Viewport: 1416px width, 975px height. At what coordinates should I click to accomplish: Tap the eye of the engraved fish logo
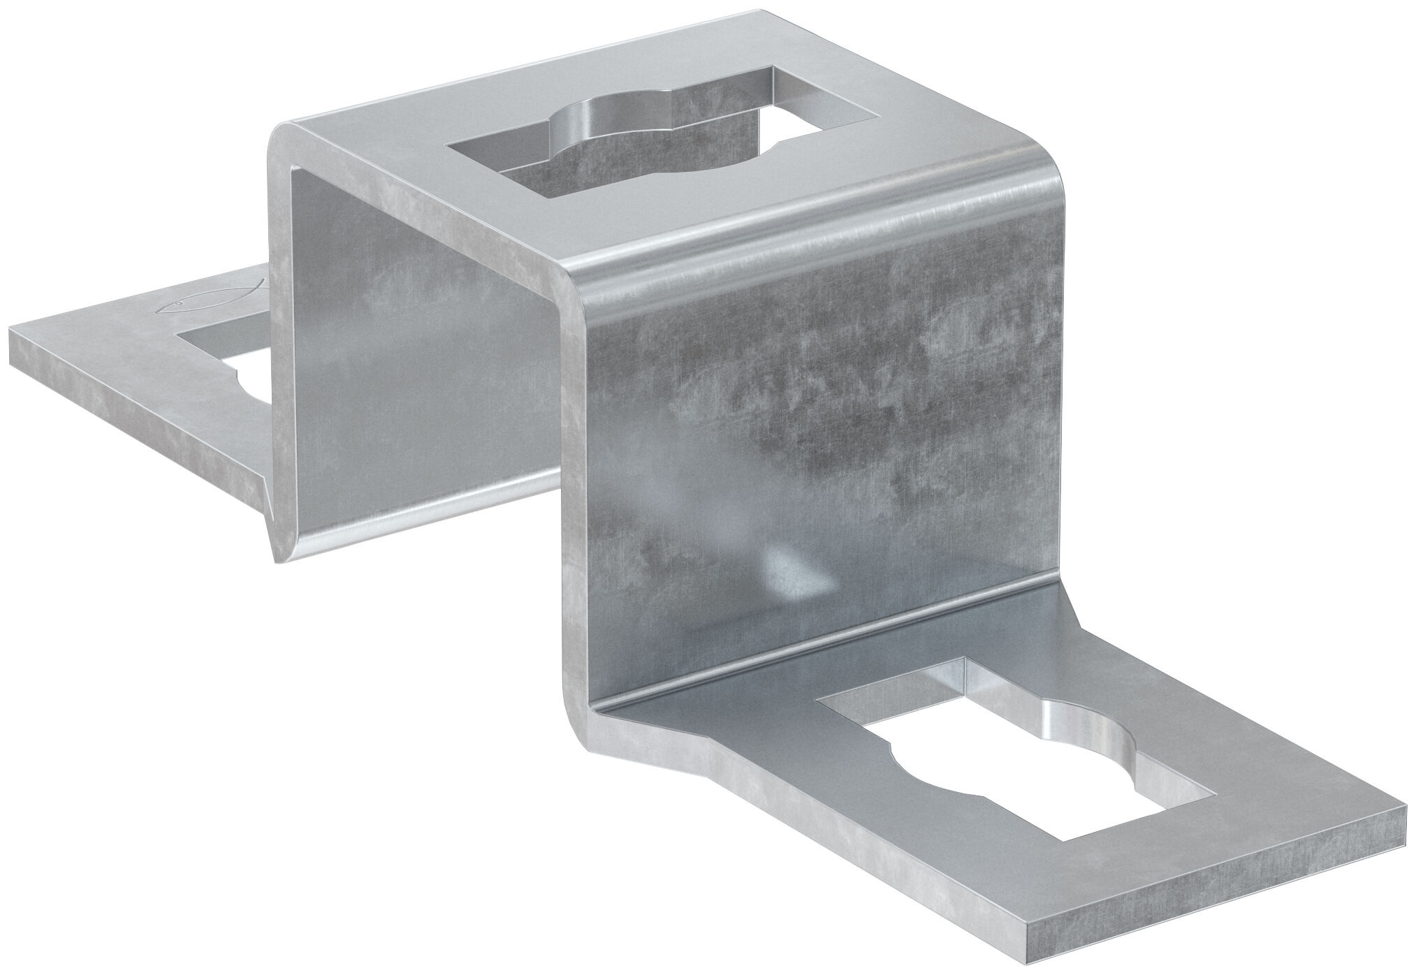(177, 304)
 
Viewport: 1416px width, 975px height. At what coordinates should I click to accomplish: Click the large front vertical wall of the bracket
(803, 419)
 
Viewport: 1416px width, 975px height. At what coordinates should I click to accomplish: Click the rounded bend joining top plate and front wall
(803, 230)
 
